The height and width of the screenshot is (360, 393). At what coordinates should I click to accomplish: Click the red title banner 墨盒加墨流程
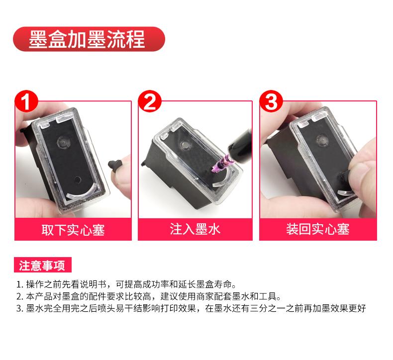89,39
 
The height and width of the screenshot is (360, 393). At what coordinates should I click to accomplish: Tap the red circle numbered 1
26,102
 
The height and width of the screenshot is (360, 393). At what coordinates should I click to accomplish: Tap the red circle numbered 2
150,102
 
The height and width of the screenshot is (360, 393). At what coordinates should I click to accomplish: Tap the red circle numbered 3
271,102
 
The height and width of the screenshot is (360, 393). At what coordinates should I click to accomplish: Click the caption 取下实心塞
73,230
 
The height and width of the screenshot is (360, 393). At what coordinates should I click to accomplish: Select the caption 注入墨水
195,229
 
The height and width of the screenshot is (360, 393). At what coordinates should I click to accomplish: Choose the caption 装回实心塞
318,229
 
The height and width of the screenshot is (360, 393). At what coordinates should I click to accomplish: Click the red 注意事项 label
43,265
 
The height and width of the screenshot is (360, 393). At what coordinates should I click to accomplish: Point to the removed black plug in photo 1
115,165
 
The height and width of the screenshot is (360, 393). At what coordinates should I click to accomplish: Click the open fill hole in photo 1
78,180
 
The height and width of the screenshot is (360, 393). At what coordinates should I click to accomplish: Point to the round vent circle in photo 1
63,142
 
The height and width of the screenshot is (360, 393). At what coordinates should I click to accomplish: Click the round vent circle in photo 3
322,140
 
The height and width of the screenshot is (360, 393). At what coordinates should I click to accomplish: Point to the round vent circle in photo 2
186,145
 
